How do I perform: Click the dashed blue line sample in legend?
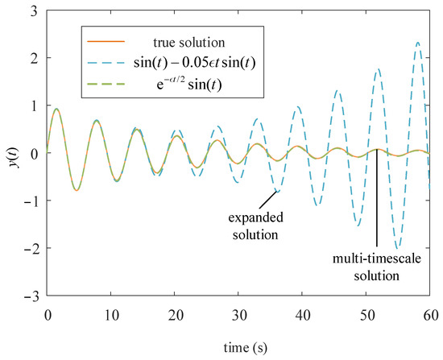pyautogui.click(x=102, y=64)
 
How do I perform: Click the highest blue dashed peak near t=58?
pyautogui.click(x=417, y=43)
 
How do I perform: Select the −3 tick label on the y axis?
pyautogui.click(x=34, y=296)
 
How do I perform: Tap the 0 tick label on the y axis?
pyautogui.click(x=37, y=154)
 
